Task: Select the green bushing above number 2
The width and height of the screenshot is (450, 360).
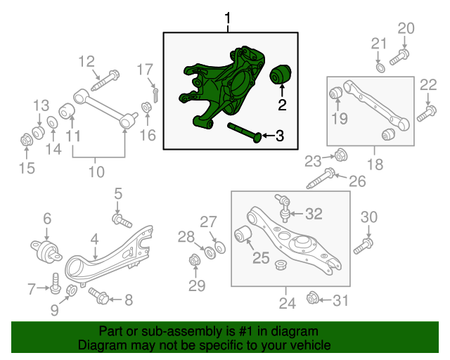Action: [283, 73]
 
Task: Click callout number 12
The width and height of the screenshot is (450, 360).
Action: [86, 61]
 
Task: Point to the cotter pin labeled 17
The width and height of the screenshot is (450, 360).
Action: [155, 91]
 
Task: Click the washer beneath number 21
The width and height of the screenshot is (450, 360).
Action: [380, 68]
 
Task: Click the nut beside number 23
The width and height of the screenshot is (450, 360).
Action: [338, 154]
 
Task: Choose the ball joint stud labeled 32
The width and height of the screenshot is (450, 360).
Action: [284, 205]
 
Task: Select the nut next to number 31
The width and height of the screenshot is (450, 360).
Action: [313, 300]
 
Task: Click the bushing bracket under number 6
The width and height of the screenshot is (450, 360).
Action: [45, 249]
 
